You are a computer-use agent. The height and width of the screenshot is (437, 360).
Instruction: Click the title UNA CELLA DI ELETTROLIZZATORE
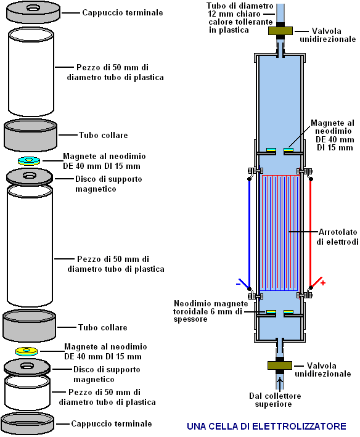pyautogui.click(x=266, y=426)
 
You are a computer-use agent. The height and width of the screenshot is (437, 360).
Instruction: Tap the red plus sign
pyautogui.click(x=323, y=283)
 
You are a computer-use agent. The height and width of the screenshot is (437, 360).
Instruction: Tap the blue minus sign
pyautogui.click(x=238, y=284)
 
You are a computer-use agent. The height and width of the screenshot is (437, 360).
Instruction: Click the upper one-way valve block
pyautogui.click(x=280, y=31)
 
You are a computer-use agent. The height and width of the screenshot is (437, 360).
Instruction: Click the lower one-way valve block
pyautogui.click(x=280, y=366)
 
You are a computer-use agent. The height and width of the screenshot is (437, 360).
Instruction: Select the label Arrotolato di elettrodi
pyautogui.click(x=337, y=237)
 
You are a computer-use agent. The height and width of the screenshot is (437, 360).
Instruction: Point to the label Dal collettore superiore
pyautogui.click(x=275, y=400)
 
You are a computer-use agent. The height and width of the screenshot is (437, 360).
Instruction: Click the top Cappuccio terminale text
pyautogui.click(x=123, y=12)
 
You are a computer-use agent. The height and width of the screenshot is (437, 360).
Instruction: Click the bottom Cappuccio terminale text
pyautogui.click(x=112, y=423)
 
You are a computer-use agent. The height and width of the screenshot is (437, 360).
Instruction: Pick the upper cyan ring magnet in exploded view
pyautogui.click(x=29, y=161)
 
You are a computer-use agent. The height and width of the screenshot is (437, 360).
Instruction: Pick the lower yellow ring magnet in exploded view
pyautogui.click(x=27, y=352)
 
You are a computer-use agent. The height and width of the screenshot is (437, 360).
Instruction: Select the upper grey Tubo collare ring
pyautogui.click(x=30, y=135)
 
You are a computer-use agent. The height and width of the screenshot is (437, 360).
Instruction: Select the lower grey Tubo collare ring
pyautogui.click(x=29, y=326)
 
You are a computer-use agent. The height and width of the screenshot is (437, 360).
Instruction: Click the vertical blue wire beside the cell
pyautogui.click(x=250, y=234)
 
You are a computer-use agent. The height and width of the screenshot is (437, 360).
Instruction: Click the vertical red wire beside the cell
pyautogui.click(x=311, y=233)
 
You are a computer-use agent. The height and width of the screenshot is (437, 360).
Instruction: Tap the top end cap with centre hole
pyautogui.click(x=33, y=12)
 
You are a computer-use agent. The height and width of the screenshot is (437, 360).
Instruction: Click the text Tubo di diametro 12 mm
pyautogui.click(x=240, y=10)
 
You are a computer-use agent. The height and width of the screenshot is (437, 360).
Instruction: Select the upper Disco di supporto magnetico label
pyautogui.click(x=108, y=184)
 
